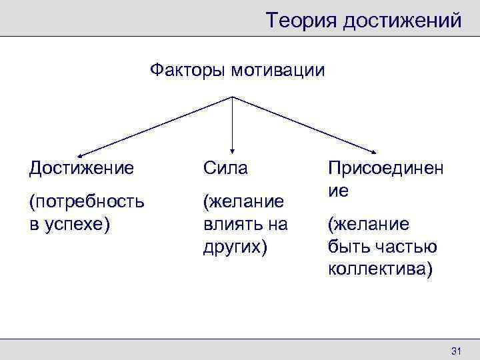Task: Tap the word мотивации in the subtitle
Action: [x=278, y=70]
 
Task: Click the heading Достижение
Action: [x=81, y=168]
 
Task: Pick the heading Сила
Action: [x=225, y=168]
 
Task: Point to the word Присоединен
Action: [x=385, y=168]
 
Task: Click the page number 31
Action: [x=457, y=351]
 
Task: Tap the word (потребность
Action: [x=86, y=201]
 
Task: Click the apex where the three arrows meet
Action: [x=232, y=97]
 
